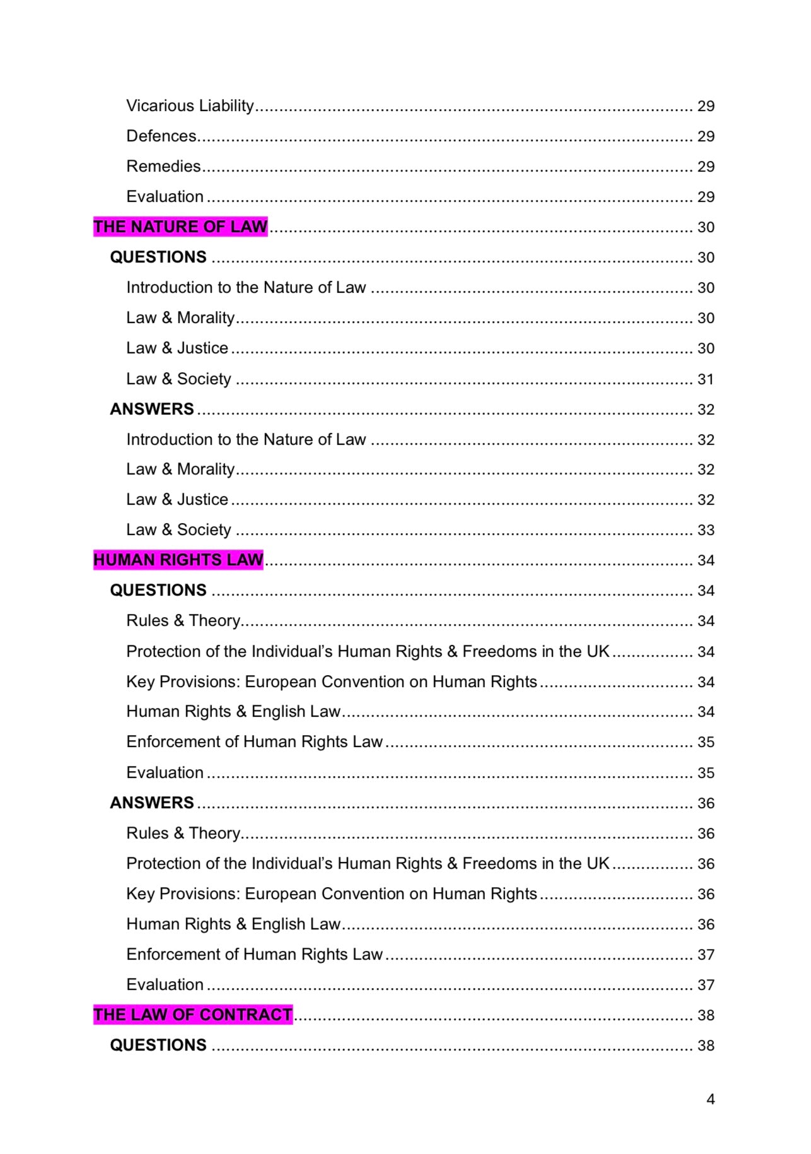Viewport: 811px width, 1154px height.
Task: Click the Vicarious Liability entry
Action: pos(190,105)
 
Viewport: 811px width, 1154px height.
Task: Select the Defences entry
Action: pos(162,136)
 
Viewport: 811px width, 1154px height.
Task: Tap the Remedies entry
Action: pos(163,166)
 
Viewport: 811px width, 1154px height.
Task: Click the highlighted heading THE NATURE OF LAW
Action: pos(180,227)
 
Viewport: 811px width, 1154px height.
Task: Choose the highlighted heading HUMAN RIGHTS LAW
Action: pos(178,560)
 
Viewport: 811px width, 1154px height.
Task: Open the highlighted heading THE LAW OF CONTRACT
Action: pos(193,1015)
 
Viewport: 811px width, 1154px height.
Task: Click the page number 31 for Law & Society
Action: pos(705,379)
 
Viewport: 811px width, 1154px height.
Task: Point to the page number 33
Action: pos(705,530)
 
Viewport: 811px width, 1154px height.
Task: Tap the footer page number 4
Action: pos(710,1099)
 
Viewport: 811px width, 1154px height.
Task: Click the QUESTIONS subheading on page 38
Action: pos(158,1045)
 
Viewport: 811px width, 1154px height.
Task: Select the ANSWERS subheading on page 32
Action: pos(152,409)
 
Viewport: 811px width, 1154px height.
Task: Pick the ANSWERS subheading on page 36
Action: pos(152,803)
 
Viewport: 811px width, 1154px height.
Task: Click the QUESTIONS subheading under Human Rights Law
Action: pos(158,590)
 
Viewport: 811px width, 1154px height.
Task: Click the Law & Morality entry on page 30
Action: pos(180,317)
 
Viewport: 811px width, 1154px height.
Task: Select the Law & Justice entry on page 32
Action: pos(177,499)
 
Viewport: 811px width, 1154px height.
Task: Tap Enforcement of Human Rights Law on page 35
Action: pos(254,741)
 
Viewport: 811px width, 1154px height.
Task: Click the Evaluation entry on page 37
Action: pos(165,984)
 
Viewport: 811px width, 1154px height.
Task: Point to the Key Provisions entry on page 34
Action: pos(332,681)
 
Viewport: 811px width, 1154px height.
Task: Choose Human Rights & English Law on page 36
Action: pos(233,924)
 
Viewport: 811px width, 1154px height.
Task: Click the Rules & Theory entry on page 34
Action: pos(183,620)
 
